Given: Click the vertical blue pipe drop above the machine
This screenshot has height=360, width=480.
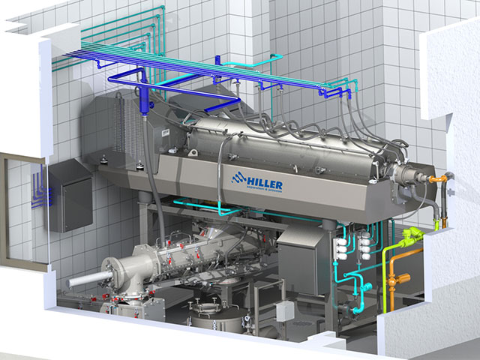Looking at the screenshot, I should [x=142, y=98].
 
